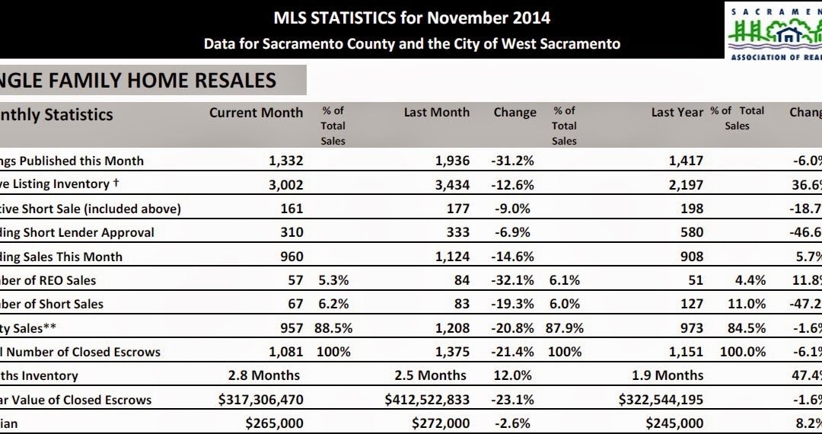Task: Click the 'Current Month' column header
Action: (x=256, y=113)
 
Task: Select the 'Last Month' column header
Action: (x=436, y=113)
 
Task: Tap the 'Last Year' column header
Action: (x=677, y=113)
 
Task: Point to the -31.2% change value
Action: (x=515, y=161)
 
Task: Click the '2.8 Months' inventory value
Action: (x=263, y=375)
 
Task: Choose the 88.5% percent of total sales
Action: (x=331, y=328)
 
